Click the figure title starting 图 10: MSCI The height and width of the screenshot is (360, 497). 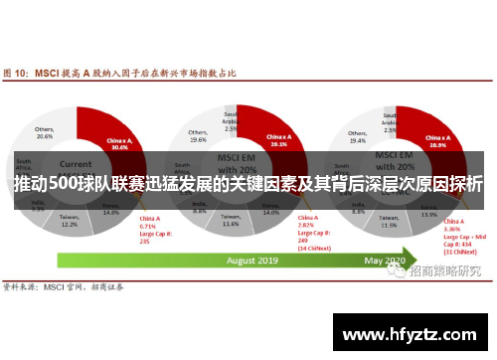pyautogui.click(x=124, y=72)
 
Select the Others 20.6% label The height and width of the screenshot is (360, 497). pyautogui.click(x=45, y=132)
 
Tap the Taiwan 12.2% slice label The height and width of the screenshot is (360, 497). pyautogui.click(x=69, y=221)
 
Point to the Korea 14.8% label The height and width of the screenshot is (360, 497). pyautogui.click(x=110, y=209)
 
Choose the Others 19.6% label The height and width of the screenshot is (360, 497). pyautogui.click(x=197, y=136)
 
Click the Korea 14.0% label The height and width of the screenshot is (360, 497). pyautogui.click(x=270, y=210)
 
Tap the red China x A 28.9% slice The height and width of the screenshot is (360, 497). pyautogui.click(x=434, y=140)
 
